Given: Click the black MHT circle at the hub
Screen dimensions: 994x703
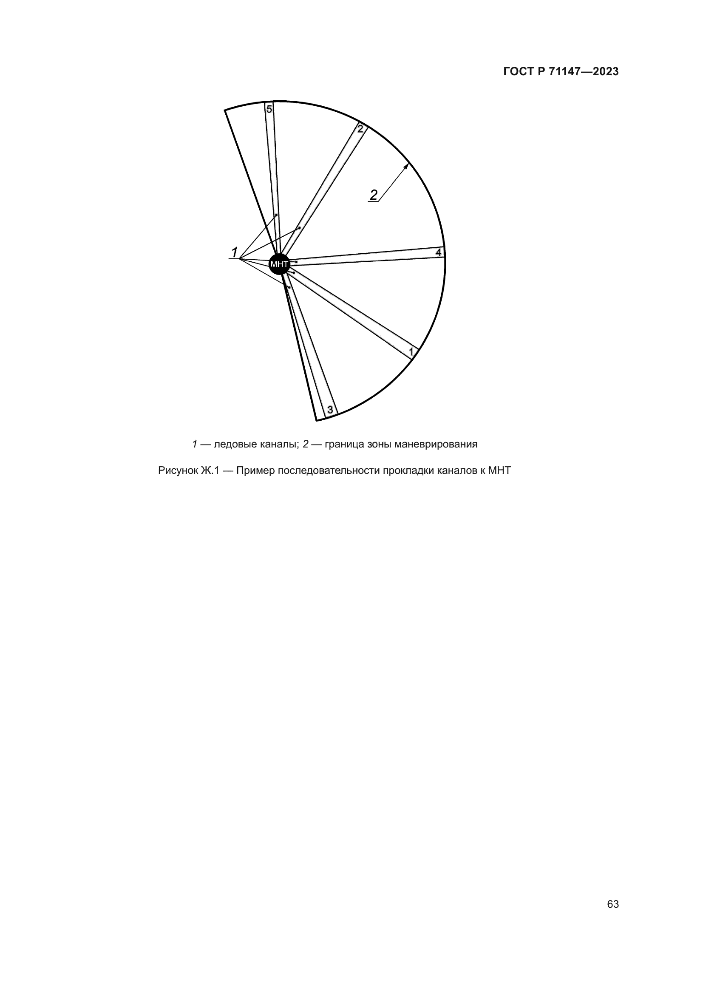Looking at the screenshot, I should pyautogui.click(x=279, y=263).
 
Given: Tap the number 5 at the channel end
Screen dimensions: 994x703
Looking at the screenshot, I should pyautogui.click(x=269, y=109).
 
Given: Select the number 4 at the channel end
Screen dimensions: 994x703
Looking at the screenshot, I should pyautogui.click(x=439, y=252).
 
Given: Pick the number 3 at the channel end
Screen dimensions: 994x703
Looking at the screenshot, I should pyautogui.click(x=330, y=410).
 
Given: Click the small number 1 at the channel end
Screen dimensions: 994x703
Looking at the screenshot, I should pyautogui.click(x=412, y=351).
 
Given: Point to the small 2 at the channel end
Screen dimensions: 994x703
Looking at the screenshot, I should pyautogui.click(x=360, y=129).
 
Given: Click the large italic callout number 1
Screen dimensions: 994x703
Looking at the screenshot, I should pyautogui.click(x=235, y=252).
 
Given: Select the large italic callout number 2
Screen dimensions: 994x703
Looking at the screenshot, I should pyautogui.click(x=374, y=195).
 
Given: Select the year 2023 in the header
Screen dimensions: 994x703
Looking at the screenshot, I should pyautogui.click(x=606, y=72).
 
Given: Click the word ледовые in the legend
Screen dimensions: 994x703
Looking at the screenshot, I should pyautogui.click(x=231, y=444).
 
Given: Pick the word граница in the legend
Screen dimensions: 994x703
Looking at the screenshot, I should pyautogui.click(x=342, y=444).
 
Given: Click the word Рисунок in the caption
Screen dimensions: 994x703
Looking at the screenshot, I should pyautogui.click(x=178, y=470).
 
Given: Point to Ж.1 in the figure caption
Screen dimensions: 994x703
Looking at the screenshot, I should pyautogui.click(x=210, y=470).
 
